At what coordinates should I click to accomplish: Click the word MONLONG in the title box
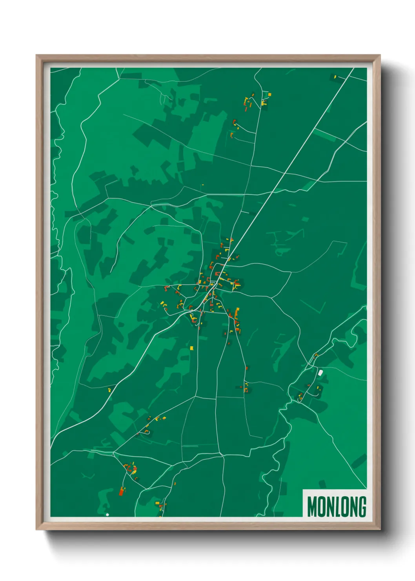(x=337, y=506)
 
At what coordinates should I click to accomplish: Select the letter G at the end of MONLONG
(x=362, y=506)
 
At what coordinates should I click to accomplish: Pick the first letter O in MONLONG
(x=320, y=506)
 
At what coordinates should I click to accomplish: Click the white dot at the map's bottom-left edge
(x=107, y=514)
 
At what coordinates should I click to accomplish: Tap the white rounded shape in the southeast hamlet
(x=320, y=372)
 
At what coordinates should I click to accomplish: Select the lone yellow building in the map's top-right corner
(x=335, y=77)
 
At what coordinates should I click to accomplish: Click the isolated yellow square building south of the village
(x=192, y=348)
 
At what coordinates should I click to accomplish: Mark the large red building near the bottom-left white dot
(x=122, y=491)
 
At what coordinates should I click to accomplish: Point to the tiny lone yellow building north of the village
(x=202, y=185)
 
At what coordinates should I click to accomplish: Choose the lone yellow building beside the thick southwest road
(x=109, y=390)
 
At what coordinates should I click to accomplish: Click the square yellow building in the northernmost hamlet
(x=269, y=94)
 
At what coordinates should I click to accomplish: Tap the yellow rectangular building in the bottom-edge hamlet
(x=157, y=503)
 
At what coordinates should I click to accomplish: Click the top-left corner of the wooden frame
(x=37, y=56)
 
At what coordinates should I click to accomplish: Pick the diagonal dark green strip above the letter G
(x=359, y=461)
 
